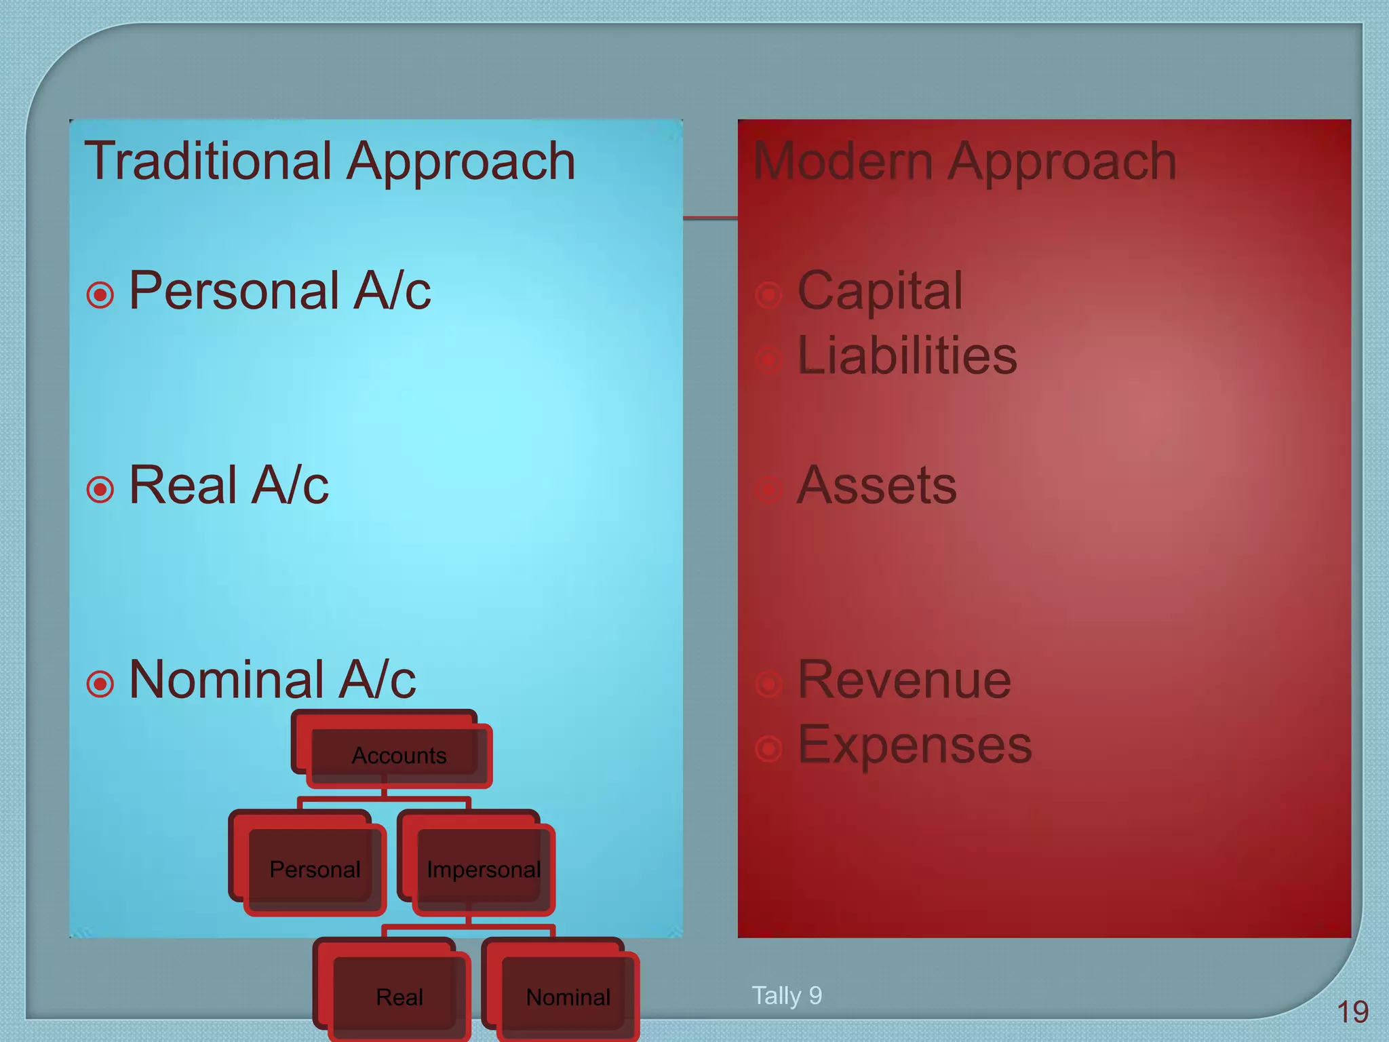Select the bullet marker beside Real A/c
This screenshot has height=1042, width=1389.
[x=100, y=489]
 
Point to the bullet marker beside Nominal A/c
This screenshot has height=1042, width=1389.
[x=100, y=684]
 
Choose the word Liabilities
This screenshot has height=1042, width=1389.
[x=907, y=355]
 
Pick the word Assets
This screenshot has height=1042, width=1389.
[x=876, y=485]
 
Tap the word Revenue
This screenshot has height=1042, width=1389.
[x=904, y=680]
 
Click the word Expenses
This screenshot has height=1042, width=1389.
[x=914, y=745]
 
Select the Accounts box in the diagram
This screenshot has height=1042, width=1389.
[x=399, y=755]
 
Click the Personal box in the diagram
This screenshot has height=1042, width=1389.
[x=315, y=869]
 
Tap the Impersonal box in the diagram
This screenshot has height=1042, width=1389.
[x=483, y=869]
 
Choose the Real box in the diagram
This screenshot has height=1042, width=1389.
[x=399, y=997]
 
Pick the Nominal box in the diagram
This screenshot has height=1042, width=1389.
[x=568, y=997]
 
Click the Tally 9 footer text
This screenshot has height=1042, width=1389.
[x=787, y=995]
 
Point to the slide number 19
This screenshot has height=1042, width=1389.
[x=1352, y=1012]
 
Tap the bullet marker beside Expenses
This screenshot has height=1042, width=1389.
[x=768, y=749]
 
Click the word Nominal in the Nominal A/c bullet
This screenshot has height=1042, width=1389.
[x=226, y=680]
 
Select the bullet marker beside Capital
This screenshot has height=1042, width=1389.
[x=768, y=295]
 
